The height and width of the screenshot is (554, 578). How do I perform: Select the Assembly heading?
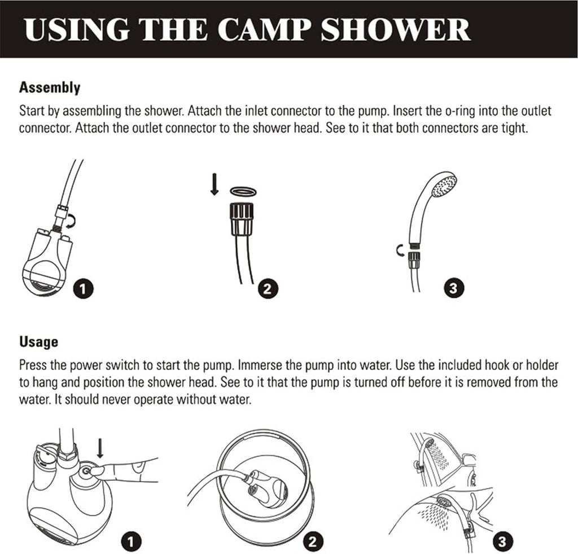click(50, 88)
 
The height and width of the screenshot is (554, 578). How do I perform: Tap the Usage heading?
click(38, 342)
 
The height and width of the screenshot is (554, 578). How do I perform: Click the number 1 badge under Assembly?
click(84, 289)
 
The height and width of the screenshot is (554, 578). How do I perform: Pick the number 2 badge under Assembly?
click(267, 289)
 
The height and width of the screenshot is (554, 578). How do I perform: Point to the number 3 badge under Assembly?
click(454, 289)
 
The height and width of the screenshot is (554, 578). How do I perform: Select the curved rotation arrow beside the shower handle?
click(400, 250)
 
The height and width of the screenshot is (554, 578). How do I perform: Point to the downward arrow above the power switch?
click(100, 450)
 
